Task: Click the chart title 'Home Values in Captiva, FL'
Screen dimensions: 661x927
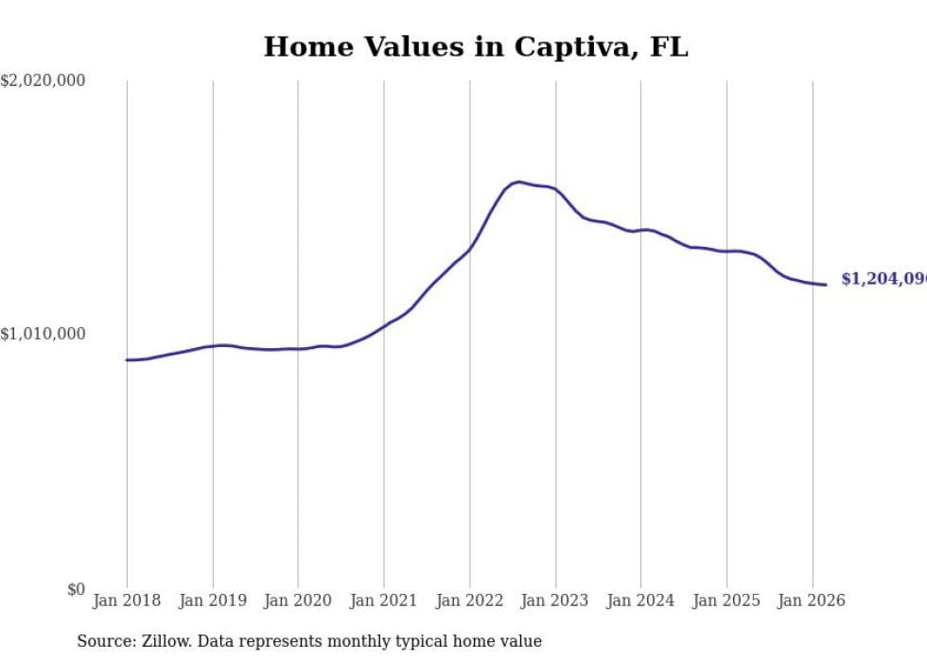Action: (x=476, y=47)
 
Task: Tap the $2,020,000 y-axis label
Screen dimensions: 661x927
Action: (x=43, y=81)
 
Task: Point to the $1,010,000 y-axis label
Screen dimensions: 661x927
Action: (x=43, y=334)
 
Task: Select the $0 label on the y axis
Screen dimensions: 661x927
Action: (x=75, y=590)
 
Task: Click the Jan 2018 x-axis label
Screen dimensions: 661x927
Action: (x=127, y=600)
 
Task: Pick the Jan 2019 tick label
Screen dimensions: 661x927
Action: (x=212, y=600)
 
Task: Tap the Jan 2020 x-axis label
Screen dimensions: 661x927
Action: (x=298, y=600)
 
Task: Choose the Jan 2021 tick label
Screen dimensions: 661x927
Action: (x=383, y=600)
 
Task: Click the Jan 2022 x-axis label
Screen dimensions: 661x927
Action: (x=469, y=600)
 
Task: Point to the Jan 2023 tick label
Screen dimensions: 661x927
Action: (x=555, y=600)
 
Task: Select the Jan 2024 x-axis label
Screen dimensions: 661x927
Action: (x=640, y=600)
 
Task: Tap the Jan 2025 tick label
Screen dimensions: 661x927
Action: (x=726, y=600)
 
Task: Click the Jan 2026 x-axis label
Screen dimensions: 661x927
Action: (x=812, y=600)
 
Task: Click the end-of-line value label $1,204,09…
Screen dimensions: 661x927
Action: (x=883, y=279)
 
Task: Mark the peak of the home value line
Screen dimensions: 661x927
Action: (x=518, y=182)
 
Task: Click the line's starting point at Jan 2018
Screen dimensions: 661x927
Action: (x=127, y=359)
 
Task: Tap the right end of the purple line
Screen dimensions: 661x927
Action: (x=826, y=285)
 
